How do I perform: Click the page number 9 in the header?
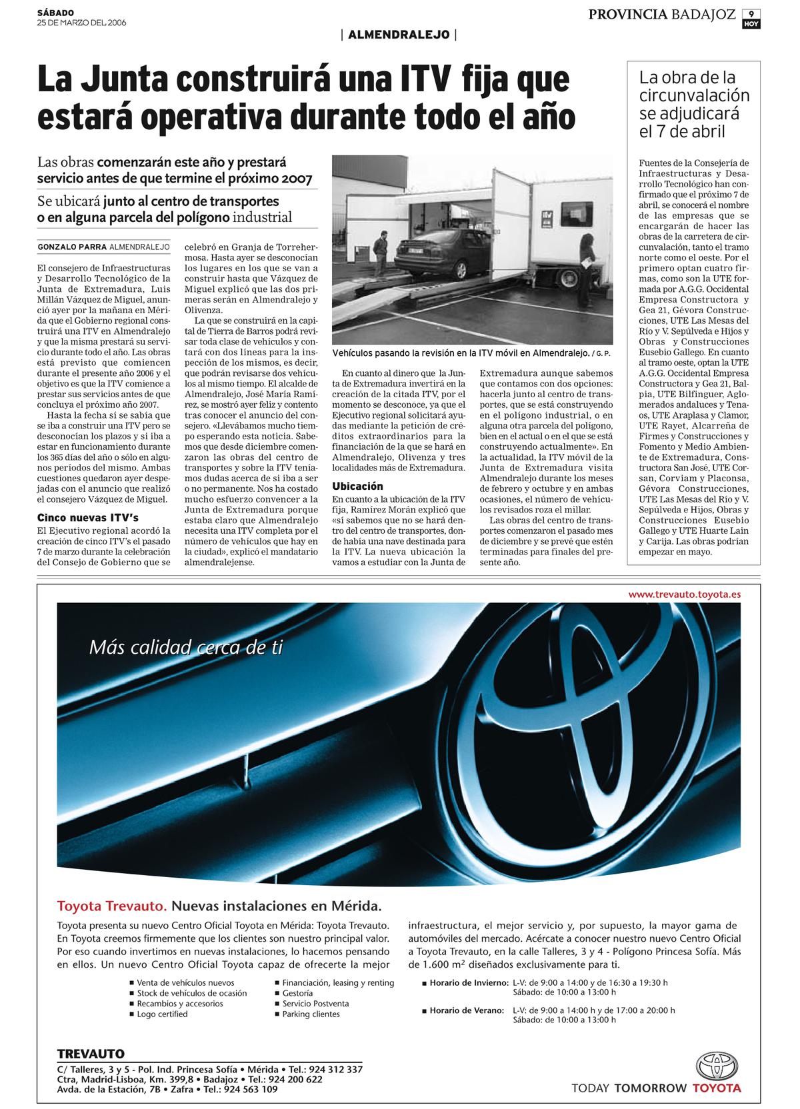pos(751,13)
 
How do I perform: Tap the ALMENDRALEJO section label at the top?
pos(399,35)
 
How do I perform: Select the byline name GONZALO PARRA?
pos(72,247)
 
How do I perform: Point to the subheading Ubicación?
pos(358,486)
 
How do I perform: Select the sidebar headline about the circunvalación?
pos(694,105)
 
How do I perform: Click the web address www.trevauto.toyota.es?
pos(684,594)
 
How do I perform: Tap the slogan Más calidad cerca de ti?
pos(186,646)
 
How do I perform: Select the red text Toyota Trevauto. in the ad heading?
pos(112,906)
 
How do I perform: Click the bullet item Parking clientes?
pos(311,1014)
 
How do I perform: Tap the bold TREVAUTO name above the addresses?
pos(91,1054)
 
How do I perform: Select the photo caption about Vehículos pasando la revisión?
pos(461,352)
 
